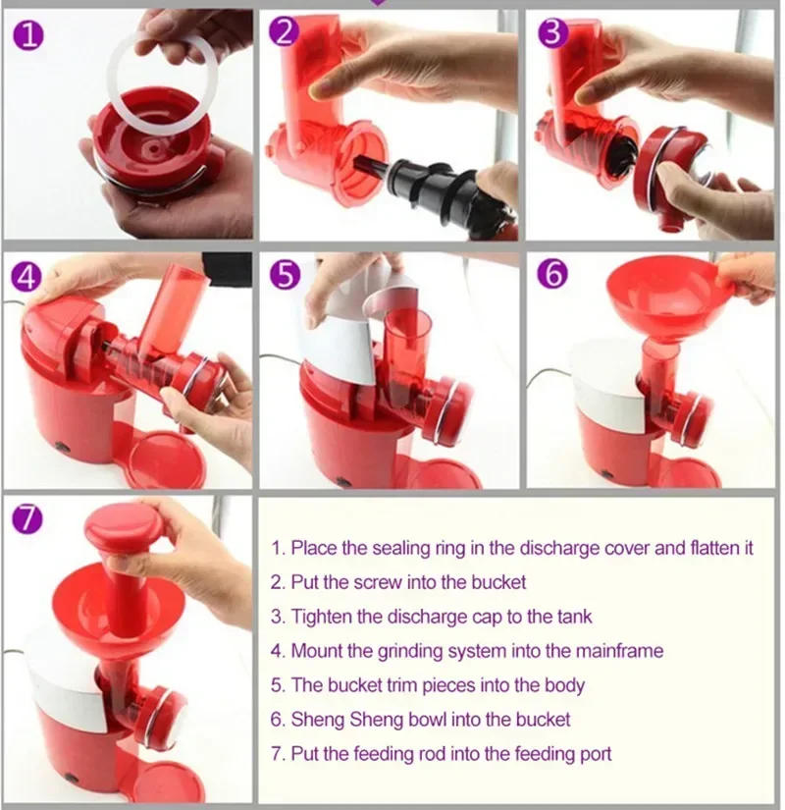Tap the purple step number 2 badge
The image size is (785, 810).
285,35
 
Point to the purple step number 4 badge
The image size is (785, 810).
27,276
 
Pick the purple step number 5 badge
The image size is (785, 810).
285,276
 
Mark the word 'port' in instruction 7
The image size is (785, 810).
597,754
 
